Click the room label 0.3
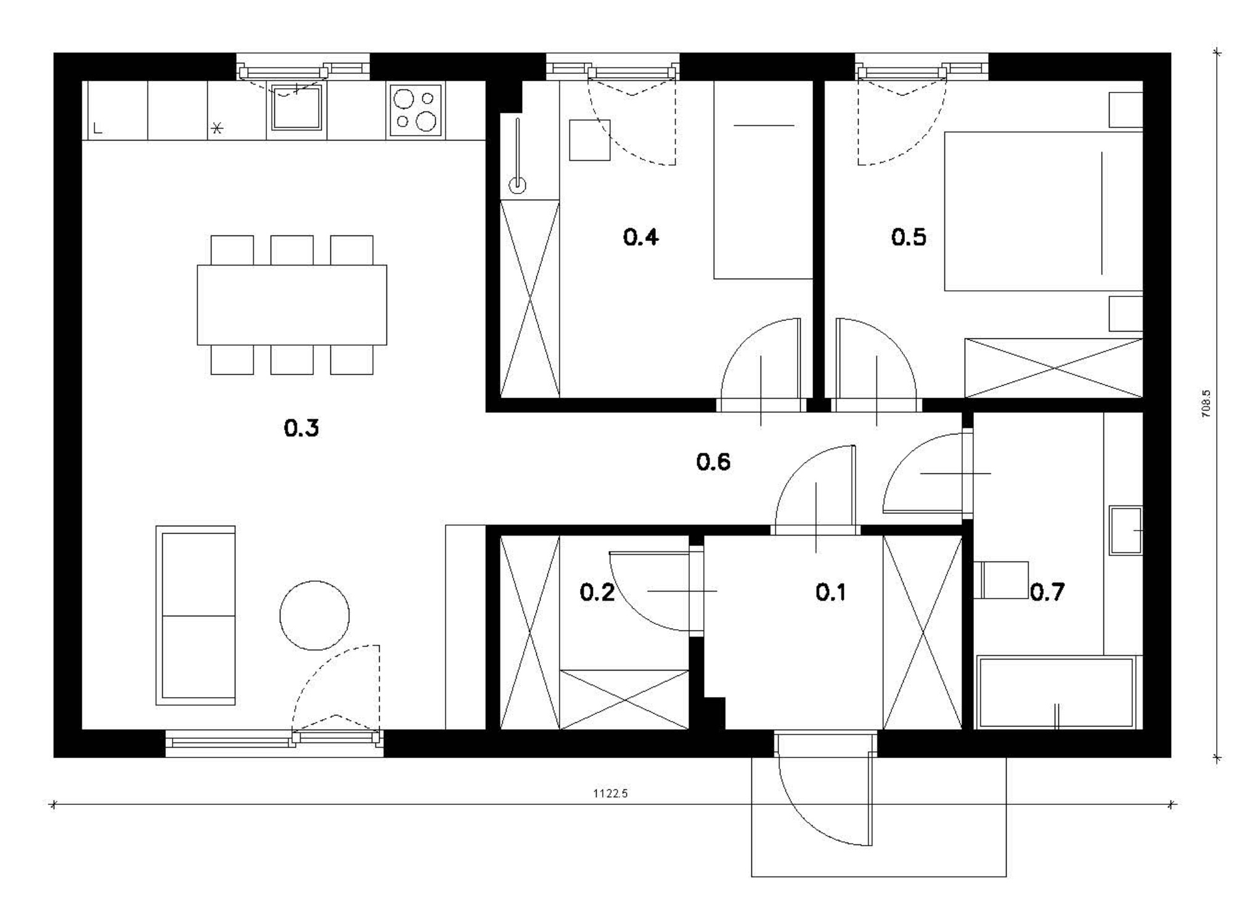[301, 428]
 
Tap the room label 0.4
[640, 237]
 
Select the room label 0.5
[909, 237]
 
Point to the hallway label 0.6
[713, 462]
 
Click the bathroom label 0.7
[1047, 592]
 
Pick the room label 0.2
[597, 592]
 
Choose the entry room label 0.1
[830, 592]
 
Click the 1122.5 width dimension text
[610, 794]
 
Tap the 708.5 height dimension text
[1206, 404]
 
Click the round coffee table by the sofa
[314, 615]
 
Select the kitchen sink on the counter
[297, 107]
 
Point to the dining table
[292, 304]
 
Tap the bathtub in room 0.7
[1057, 693]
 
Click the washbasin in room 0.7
[1126, 530]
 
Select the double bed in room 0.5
[1043, 211]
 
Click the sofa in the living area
[195, 615]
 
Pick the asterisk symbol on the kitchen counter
[217, 128]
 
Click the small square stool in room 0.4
[589, 140]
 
